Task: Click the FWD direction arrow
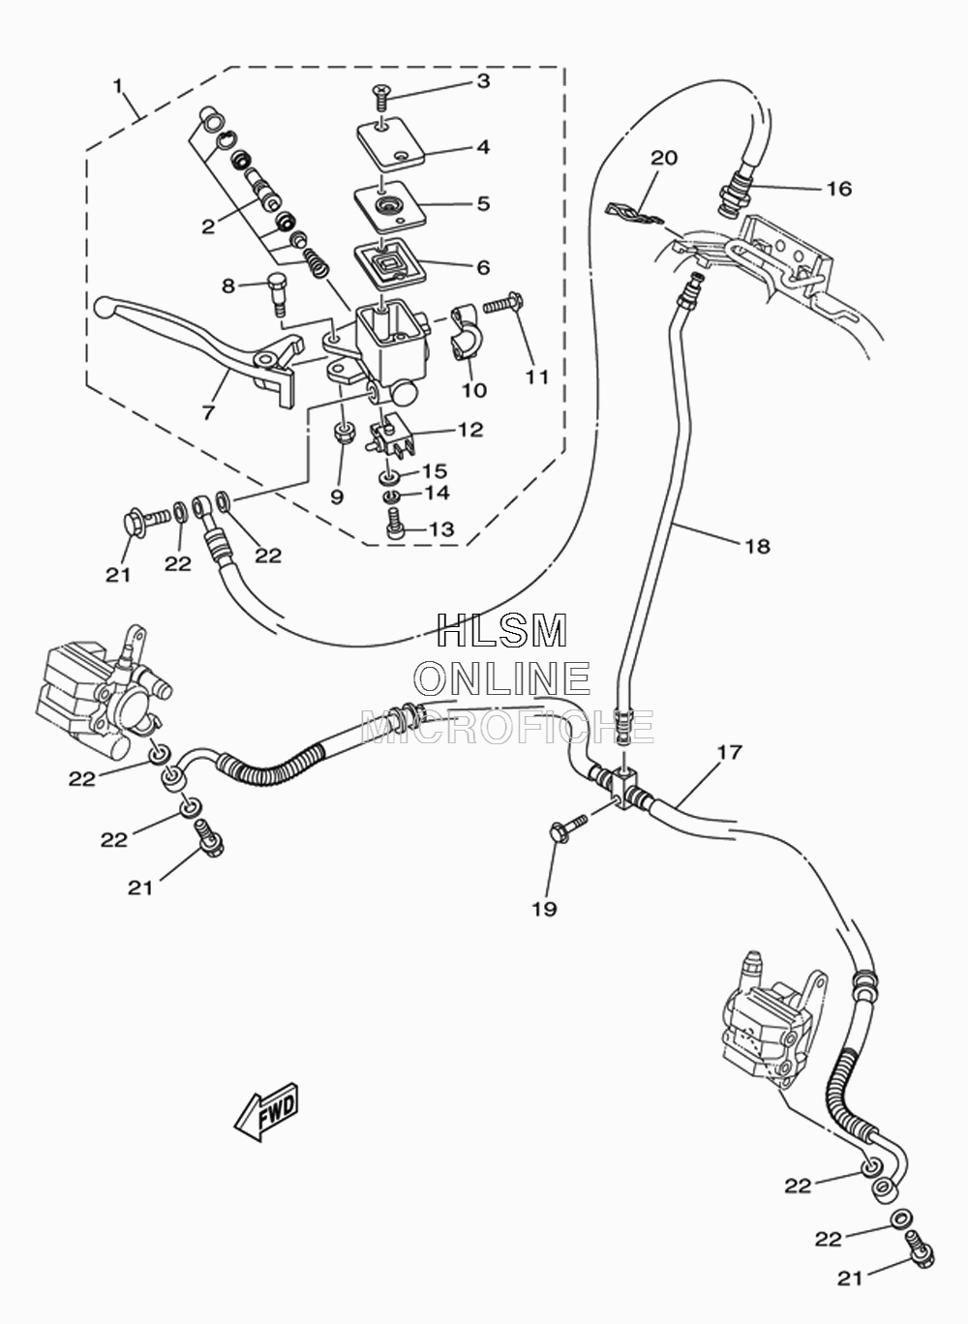[267, 1110]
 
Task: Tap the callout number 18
[758, 546]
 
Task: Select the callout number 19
[545, 909]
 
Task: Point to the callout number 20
[664, 158]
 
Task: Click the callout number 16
[838, 189]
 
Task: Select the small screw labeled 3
[379, 97]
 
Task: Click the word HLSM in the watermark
[502, 631]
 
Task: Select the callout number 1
[118, 86]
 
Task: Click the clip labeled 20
[634, 215]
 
